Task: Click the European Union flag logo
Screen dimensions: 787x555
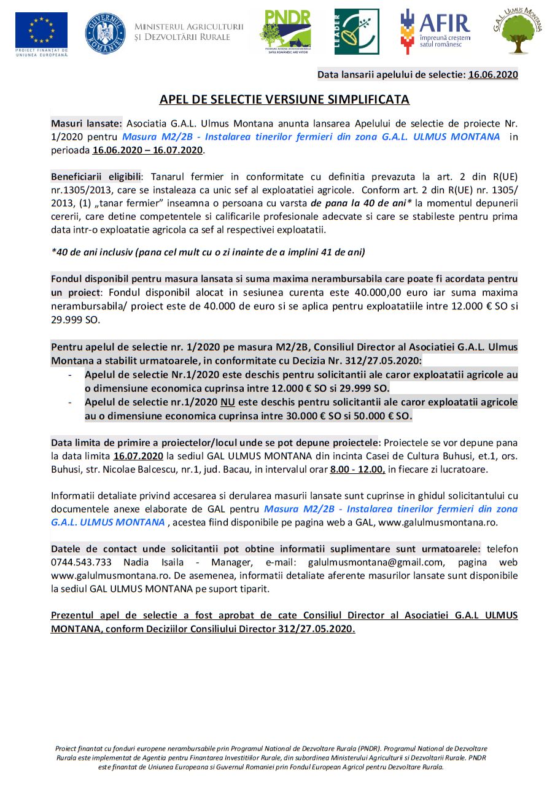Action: [x=42, y=30]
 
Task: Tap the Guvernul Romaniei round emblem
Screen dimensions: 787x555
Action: [x=105, y=33]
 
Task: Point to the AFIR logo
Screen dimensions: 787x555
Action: [x=435, y=31]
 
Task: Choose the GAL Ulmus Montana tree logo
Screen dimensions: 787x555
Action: [x=518, y=31]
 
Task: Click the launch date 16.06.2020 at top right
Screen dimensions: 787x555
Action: [x=492, y=75]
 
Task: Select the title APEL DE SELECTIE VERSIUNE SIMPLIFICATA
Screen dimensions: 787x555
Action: [x=284, y=99]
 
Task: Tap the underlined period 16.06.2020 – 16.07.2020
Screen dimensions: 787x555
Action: [x=147, y=150]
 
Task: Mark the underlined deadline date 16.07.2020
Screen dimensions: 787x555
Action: [x=138, y=456]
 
